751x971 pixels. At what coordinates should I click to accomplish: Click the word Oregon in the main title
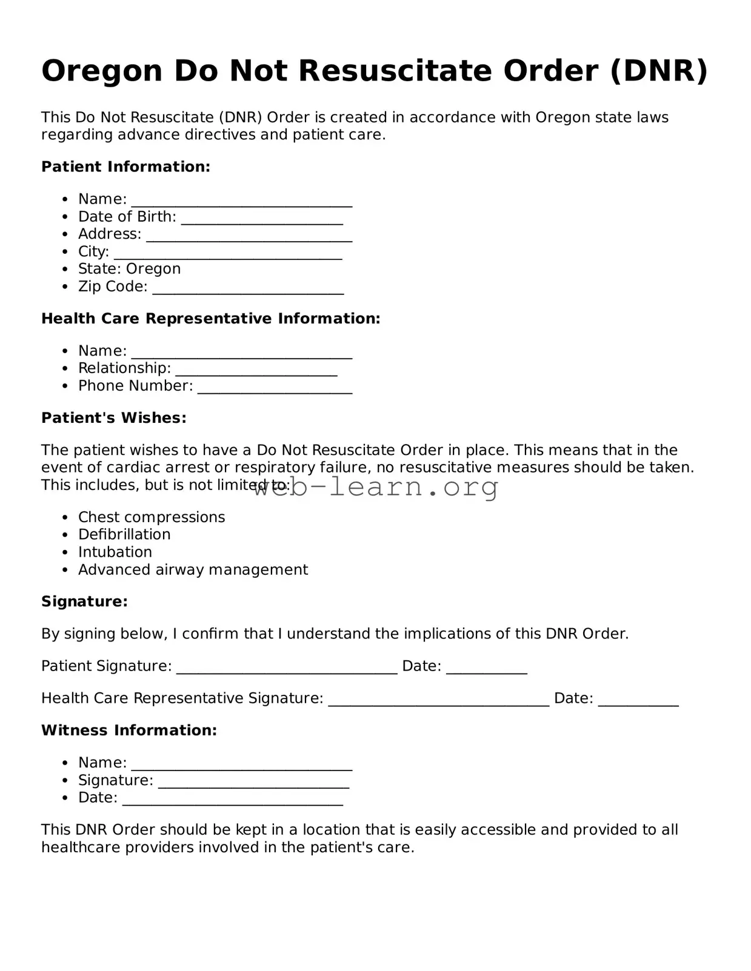102,71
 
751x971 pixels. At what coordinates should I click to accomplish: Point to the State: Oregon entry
129,269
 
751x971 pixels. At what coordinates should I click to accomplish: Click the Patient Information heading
125,167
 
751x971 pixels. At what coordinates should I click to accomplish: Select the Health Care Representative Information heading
210,319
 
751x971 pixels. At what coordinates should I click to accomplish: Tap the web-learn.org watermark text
376,486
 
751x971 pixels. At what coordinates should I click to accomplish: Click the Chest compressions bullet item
152,517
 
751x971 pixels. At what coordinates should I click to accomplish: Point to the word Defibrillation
124,535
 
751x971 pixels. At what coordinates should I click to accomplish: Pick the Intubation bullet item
115,552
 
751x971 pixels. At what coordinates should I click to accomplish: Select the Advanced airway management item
193,570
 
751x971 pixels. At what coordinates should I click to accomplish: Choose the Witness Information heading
129,731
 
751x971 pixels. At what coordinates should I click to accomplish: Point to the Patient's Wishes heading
113,418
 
